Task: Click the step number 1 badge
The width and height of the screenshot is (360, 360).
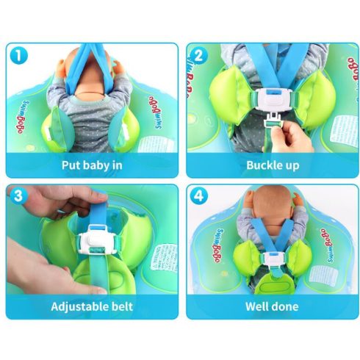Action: pyautogui.click(x=19, y=56)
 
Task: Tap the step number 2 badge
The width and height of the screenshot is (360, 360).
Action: pyautogui.click(x=199, y=56)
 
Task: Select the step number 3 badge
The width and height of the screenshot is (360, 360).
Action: pyautogui.click(x=18, y=196)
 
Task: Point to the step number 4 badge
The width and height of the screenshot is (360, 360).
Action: pyautogui.click(x=199, y=196)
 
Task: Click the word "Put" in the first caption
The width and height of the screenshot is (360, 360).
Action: pyautogui.click(x=71, y=165)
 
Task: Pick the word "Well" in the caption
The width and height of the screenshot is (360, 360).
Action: pyautogui.click(x=256, y=306)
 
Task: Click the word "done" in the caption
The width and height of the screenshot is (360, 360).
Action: pyautogui.click(x=285, y=306)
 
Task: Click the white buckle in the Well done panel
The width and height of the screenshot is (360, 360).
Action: pyautogui.click(x=273, y=259)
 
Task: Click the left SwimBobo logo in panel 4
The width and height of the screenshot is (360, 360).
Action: pyautogui.click(x=218, y=245)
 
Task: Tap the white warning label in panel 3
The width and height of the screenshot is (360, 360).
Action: pyautogui.click(x=164, y=257)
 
